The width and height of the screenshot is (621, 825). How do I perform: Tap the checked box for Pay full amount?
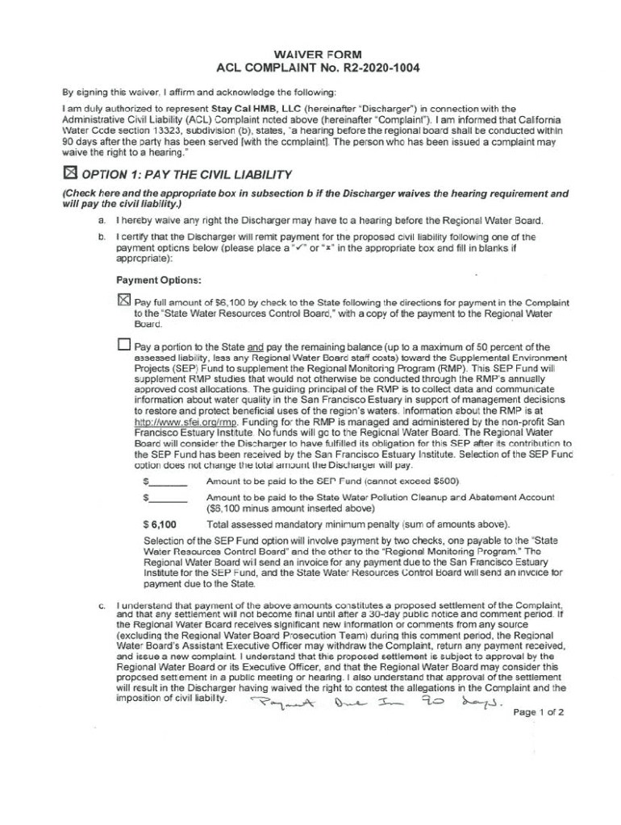[123, 301]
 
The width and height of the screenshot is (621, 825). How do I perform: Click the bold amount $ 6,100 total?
[160, 524]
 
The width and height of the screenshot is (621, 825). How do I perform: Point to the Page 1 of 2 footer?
[539, 712]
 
